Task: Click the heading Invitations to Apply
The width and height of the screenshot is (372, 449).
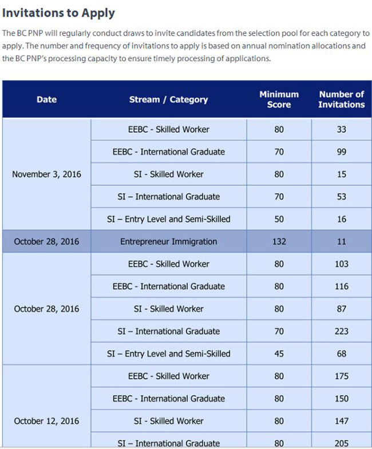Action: pos(58,13)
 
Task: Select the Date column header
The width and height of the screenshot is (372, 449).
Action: pos(46,100)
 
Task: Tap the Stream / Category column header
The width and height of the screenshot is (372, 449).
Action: pos(168,100)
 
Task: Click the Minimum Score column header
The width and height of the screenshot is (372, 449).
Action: pos(279,100)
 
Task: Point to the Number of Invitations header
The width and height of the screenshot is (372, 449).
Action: pos(341,100)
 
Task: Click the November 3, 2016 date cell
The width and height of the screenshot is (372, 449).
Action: pos(46,174)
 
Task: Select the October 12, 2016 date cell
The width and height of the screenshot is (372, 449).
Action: pos(46,421)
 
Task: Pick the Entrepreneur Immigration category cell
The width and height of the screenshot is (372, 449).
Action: pos(168,241)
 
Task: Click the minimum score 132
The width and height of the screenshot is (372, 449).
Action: pos(279,241)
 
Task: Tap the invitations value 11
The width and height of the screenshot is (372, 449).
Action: pos(341,241)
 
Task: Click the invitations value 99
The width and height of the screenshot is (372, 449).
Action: pos(341,152)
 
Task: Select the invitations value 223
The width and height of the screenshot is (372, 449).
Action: pos(341,331)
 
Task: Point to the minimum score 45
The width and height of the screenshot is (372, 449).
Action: pos(279,353)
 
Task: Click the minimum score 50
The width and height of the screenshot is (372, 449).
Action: pos(279,219)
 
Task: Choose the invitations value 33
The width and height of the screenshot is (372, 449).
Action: pos(341,129)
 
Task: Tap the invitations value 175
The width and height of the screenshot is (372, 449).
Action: pos(341,376)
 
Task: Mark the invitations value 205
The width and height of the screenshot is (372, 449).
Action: pos(341,443)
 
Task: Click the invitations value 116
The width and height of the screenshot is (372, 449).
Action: pos(341,286)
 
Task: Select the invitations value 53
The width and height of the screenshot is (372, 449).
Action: pos(341,197)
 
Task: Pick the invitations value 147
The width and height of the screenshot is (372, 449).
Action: pos(341,421)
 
